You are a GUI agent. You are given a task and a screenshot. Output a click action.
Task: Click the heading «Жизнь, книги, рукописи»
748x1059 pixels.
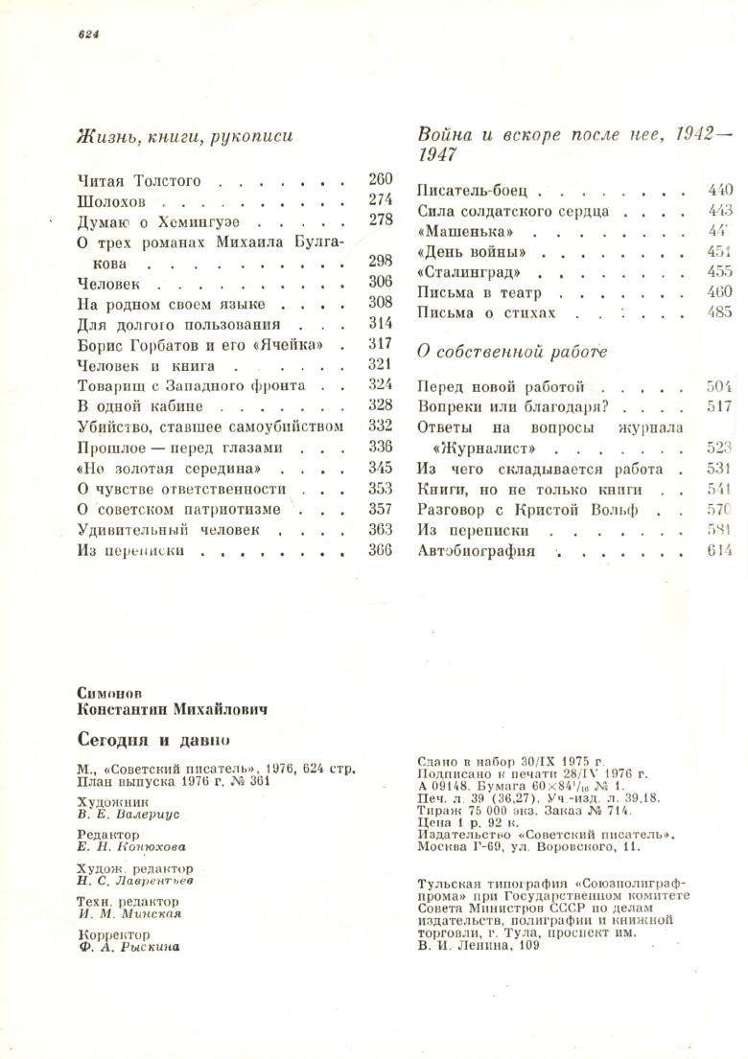click(x=184, y=137)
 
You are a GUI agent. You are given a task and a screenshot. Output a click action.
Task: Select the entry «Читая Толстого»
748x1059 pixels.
click(x=138, y=180)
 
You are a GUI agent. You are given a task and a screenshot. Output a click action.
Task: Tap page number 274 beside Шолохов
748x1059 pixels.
click(x=380, y=200)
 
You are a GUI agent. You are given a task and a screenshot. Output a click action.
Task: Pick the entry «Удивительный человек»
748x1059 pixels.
click(x=168, y=529)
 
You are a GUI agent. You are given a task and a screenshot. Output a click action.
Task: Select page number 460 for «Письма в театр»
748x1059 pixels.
click(x=719, y=292)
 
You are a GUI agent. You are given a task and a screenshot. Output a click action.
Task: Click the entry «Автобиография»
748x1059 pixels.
click(x=477, y=551)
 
